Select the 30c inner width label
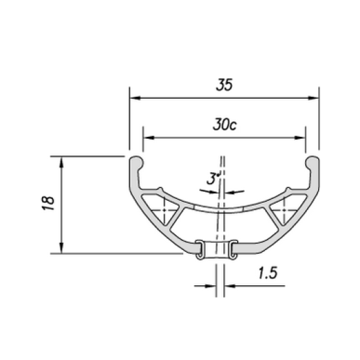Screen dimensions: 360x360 [x=224, y=126]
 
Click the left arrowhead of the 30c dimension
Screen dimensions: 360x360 [x=147, y=138]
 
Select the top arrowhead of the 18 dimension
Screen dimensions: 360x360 [x=62, y=160]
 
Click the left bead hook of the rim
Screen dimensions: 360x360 [x=136, y=162]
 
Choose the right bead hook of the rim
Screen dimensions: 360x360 [x=312, y=162]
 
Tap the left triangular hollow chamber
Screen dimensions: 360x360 [x=161, y=213]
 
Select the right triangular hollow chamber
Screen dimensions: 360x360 [x=285, y=213]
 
